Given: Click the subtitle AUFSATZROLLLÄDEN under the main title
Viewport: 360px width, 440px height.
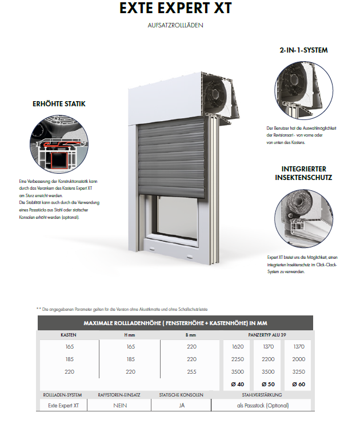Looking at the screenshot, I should pos(175,25).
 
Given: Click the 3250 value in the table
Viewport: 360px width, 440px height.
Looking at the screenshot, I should pos(298,372).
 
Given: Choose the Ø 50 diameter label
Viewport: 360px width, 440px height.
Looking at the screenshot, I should pos(267,385).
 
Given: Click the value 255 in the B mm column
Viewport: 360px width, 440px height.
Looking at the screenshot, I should pos(191,372).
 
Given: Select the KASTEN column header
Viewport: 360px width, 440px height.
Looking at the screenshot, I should pos(69,335).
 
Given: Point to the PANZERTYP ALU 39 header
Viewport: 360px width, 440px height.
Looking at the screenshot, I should pos(267,335).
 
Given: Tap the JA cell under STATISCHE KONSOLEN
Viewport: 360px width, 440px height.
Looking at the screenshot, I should pos(182,405).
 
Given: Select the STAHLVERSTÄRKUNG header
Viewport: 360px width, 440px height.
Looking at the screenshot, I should pos(262,395).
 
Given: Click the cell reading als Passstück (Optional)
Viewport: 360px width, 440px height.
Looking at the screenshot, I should pos(262,405).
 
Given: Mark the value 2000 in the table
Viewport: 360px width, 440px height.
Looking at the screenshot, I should pos(298,359).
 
